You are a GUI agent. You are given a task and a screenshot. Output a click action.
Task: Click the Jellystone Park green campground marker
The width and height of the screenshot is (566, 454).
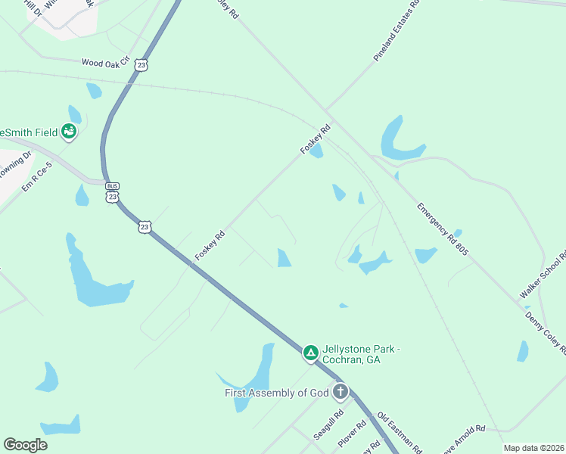[310, 353]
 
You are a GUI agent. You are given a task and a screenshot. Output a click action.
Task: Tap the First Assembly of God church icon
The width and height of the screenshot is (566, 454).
[341, 392]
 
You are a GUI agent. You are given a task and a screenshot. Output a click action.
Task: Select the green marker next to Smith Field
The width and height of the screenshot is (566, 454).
[70, 132]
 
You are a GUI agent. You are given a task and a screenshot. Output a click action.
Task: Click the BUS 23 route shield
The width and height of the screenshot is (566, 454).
[113, 192]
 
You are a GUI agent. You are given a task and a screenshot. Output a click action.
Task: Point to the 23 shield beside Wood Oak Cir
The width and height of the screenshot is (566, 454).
[141, 66]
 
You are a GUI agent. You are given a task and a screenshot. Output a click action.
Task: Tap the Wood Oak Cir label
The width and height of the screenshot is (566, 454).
[105, 61]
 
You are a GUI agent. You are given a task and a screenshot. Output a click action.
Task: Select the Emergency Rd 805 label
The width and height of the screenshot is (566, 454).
[442, 228]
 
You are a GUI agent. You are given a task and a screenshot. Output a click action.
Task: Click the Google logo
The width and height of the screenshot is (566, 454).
[25, 445]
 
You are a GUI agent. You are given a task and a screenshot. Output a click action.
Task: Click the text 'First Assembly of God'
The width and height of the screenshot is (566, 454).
[276, 393]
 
